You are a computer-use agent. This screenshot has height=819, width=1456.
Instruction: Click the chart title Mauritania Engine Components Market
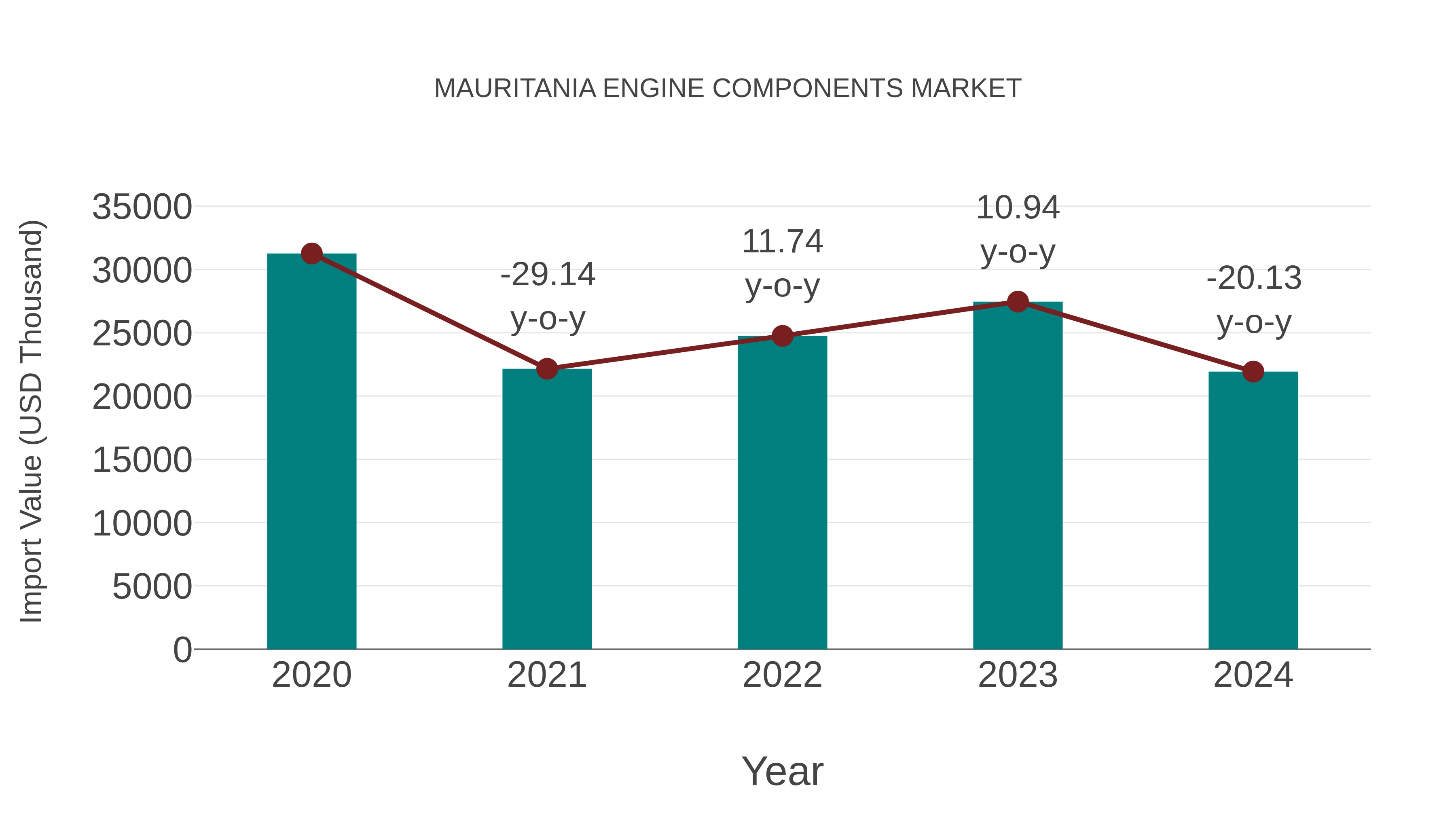tap(728, 89)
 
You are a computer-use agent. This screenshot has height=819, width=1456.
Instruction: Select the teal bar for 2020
tap(311, 452)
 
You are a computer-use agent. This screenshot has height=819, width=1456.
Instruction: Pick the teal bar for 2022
tap(782, 492)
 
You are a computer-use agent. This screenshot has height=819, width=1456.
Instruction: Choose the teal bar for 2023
tap(1018, 475)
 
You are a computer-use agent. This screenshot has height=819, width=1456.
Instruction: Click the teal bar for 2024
tap(1253, 509)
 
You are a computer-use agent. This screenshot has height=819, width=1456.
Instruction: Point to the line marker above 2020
tap(311, 254)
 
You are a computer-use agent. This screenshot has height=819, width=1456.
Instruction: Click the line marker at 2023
tap(1018, 302)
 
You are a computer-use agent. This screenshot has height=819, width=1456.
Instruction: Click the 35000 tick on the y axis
tap(142, 207)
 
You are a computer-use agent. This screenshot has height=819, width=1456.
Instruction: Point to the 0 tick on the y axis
tap(182, 650)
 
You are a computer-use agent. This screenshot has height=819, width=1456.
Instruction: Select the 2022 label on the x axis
tap(782, 675)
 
